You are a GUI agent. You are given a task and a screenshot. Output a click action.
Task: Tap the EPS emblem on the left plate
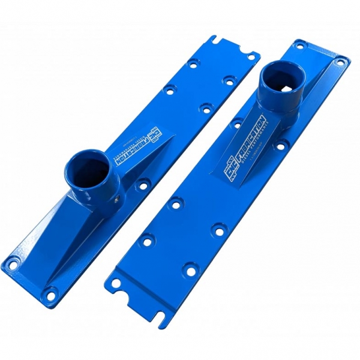pyautogui.click(x=155, y=132)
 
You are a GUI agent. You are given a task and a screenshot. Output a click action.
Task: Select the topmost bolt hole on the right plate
pyautogui.click(x=301, y=45)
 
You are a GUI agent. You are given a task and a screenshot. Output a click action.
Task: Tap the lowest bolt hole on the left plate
pyautogui.click(x=51, y=293)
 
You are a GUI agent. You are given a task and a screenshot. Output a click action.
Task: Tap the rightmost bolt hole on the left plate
pyautogui.click(x=229, y=80)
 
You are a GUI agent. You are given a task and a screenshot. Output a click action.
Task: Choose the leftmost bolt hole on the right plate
pyautogui.click(x=145, y=241)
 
